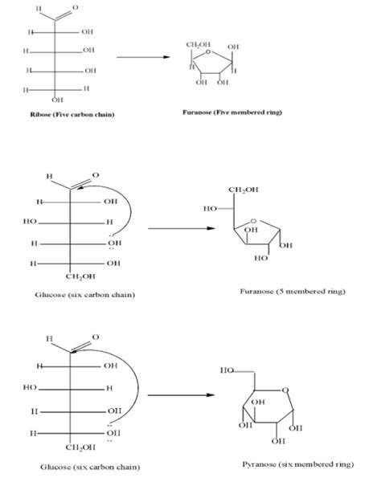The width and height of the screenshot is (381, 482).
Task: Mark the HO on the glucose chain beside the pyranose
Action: (31, 388)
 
